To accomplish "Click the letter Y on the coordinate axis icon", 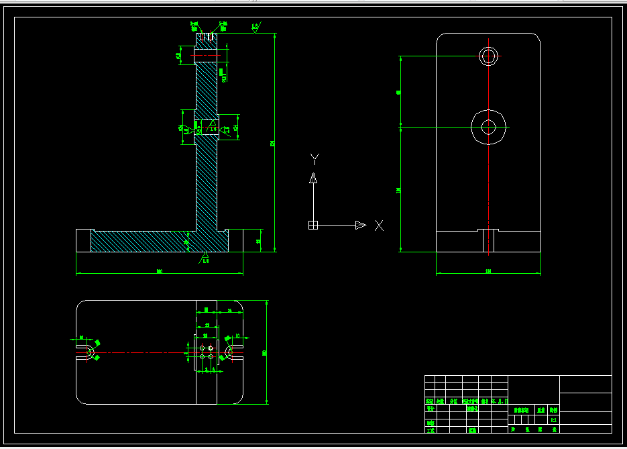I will [315, 159].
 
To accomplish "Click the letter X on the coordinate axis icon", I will [379, 226].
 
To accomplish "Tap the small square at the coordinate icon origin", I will [312, 225].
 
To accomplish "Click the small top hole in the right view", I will [489, 56].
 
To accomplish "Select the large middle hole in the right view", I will [489, 126].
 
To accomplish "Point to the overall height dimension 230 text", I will [272, 142].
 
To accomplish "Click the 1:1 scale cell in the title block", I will [553, 420].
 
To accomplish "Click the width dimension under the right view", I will [488, 271].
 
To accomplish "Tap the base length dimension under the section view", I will [160, 271].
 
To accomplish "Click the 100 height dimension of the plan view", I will [265, 352].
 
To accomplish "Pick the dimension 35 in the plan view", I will [230, 310].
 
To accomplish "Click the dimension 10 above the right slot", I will [237, 334].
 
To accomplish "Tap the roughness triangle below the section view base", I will [205, 257].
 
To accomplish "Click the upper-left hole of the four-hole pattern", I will [202, 347].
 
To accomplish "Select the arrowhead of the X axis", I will [360, 225].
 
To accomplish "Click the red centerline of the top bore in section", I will [207, 56].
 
